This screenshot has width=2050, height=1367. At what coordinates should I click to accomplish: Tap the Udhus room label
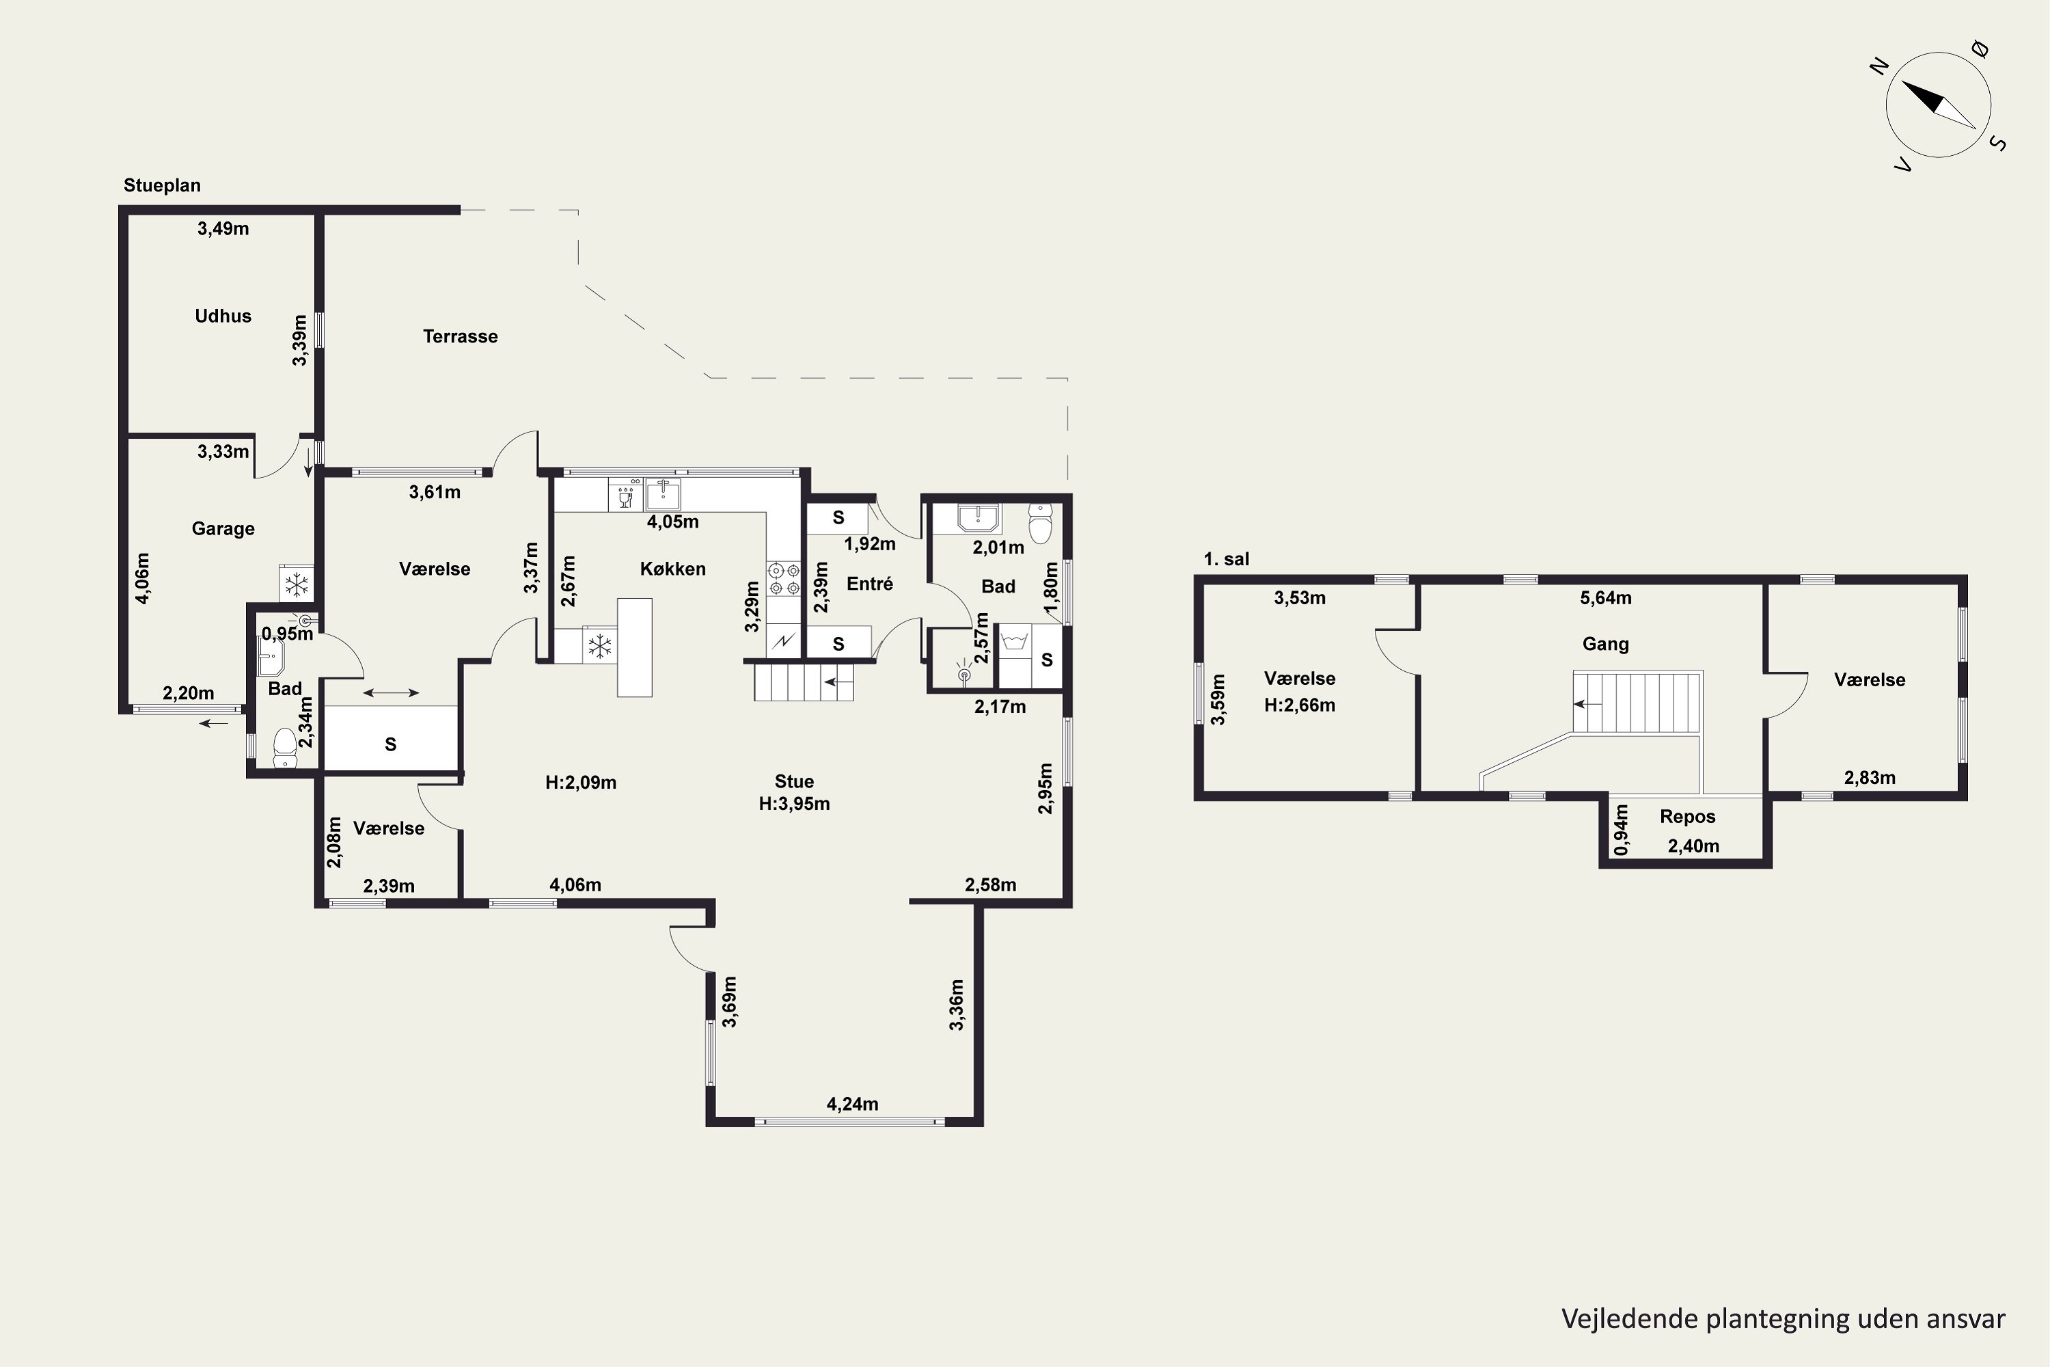pos(223,316)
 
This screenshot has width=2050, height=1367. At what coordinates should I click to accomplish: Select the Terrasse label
pos(460,336)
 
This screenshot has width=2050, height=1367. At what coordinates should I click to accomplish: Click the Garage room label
pos(223,528)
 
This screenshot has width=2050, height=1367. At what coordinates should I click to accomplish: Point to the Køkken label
pos(673,569)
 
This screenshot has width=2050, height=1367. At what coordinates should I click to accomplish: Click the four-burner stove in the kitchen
pos(784,579)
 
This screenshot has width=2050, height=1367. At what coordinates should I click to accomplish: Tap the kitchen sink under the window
pos(664,494)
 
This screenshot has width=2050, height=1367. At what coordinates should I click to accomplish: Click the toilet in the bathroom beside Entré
pos(1041,523)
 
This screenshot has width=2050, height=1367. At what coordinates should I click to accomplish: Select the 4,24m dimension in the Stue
pos(852,1104)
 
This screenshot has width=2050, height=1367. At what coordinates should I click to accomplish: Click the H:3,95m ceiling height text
pos(794,804)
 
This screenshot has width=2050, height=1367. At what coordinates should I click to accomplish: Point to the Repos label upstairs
pos(1687,817)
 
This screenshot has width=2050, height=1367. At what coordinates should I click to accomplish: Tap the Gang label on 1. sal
pos(1605,645)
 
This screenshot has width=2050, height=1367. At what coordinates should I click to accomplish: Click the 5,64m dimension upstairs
pos(1605,598)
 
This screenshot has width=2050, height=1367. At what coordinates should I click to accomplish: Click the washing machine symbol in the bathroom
pos(1013,642)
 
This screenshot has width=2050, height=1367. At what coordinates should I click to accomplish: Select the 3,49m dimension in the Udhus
pos(223,228)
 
